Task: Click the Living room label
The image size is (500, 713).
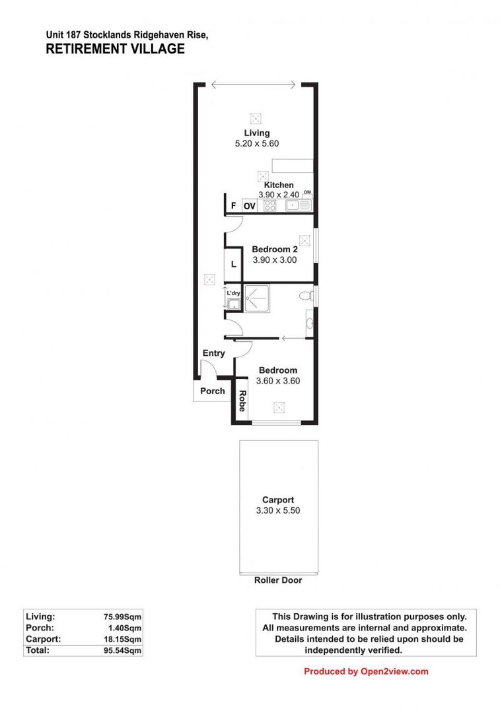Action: coord(256,133)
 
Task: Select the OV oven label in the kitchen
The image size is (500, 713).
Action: coord(250,206)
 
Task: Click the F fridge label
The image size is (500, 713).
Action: coord(232,206)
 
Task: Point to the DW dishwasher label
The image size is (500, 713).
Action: coord(307,193)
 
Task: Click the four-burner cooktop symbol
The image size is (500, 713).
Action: coord(269,205)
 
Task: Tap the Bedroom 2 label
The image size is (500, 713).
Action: coord(275,250)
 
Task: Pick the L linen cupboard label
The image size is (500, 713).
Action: coord(233,265)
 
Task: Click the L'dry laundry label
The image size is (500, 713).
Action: coord(233,292)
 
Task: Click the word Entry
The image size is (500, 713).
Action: coord(213,353)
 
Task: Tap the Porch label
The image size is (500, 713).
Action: coord(213,391)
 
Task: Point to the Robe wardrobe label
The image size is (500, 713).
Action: coord(242,401)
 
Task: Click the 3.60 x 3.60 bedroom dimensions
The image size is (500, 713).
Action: coord(278,381)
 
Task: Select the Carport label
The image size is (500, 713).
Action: coord(278,500)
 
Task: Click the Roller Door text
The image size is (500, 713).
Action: coord(278,580)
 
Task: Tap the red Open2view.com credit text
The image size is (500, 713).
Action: coord(366,671)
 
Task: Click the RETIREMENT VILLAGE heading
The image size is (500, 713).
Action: coord(115,49)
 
